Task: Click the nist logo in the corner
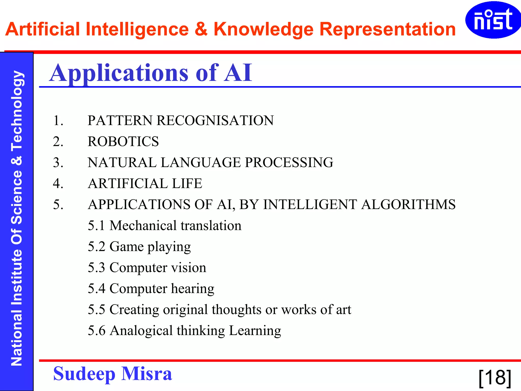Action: (x=493, y=20)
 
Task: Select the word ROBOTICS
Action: (x=123, y=142)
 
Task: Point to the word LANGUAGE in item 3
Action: (x=201, y=163)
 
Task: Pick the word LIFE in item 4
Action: (x=187, y=184)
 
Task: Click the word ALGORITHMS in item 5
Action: (x=408, y=205)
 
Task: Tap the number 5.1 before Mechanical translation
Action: (x=96, y=226)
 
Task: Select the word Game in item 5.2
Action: (x=126, y=247)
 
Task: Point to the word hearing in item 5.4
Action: (x=193, y=289)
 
